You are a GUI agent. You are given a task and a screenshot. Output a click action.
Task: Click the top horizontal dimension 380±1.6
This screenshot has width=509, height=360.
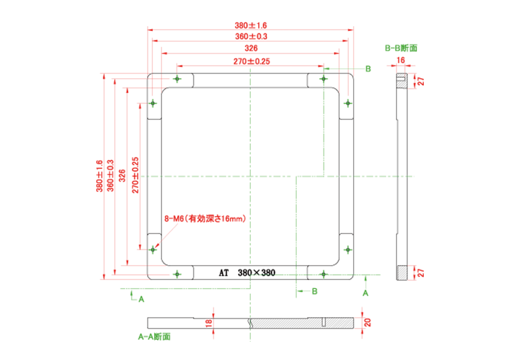(x=251, y=25)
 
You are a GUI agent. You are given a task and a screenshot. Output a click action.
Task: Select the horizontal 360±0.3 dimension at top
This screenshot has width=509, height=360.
(x=251, y=36)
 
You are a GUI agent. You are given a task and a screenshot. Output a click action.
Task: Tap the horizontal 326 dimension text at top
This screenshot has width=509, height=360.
(x=251, y=48)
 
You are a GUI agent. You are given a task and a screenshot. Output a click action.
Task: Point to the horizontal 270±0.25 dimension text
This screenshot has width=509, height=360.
(x=251, y=61)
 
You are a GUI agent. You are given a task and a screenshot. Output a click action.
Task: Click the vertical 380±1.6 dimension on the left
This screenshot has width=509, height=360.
(x=99, y=176)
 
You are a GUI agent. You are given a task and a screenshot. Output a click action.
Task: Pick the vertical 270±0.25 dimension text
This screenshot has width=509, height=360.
(x=135, y=175)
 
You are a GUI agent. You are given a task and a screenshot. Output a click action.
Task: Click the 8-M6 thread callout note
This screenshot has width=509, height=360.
(x=205, y=218)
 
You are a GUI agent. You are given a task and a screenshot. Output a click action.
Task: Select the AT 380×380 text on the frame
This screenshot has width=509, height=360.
(x=247, y=273)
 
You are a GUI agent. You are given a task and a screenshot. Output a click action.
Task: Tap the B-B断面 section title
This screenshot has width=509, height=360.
(x=401, y=48)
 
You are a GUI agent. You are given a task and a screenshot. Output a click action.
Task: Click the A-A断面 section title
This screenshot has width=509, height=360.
(x=154, y=336)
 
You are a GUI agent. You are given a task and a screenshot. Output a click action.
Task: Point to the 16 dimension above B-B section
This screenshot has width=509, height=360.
(x=401, y=60)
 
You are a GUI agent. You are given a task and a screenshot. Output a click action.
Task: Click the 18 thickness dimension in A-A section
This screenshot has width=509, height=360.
(x=209, y=322)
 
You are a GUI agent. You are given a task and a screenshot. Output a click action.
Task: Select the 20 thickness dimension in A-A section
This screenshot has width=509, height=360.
(x=367, y=322)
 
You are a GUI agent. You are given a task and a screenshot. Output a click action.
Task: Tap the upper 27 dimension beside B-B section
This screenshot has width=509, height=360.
(x=421, y=81)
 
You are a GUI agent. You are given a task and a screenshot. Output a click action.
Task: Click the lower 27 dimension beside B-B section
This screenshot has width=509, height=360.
(x=421, y=273)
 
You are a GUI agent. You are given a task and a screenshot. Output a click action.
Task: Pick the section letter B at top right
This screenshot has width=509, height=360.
(x=368, y=69)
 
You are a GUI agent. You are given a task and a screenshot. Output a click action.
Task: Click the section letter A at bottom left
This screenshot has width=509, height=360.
(x=141, y=299)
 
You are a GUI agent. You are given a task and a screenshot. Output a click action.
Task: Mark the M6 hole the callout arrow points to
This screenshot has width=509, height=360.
(x=153, y=249)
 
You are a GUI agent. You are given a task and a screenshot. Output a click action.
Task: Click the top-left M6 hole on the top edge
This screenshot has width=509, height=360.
(x=177, y=79)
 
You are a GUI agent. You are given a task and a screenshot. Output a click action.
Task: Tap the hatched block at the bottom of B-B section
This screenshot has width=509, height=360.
(x=401, y=273)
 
